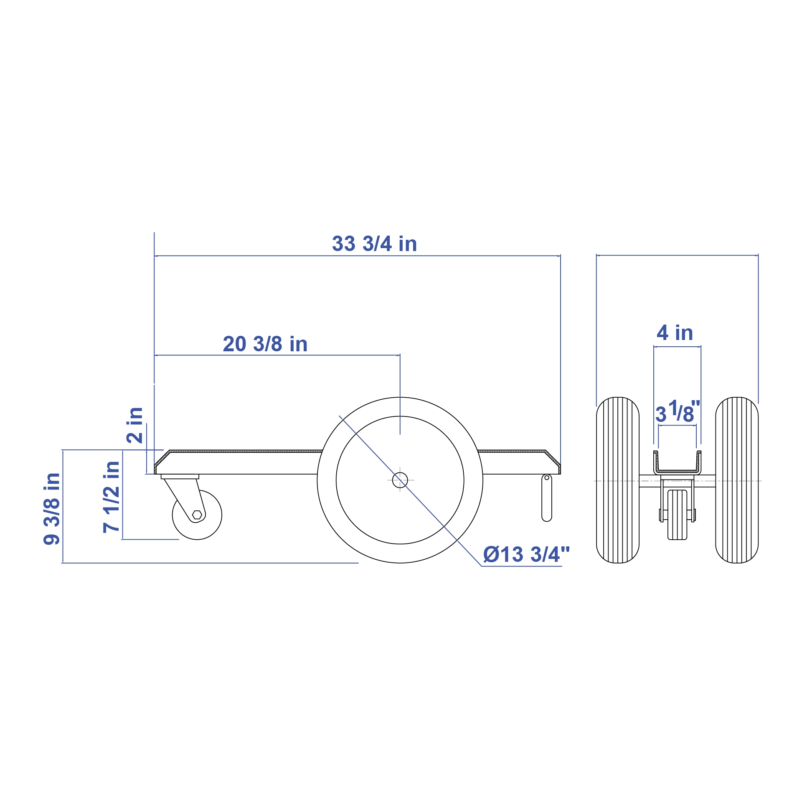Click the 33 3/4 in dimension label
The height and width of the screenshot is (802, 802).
[x=374, y=244]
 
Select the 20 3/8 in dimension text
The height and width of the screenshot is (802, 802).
[x=265, y=344]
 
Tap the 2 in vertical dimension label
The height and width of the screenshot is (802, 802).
[x=135, y=425]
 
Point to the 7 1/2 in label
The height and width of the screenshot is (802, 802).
[x=112, y=497]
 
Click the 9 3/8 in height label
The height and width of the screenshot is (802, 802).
[x=52, y=509]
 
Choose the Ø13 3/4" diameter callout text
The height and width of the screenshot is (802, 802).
[x=526, y=555]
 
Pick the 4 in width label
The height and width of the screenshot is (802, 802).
[x=675, y=333]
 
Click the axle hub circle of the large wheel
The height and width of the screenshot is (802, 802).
[x=400, y=480]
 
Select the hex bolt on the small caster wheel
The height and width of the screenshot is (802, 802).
[x=197, y=515]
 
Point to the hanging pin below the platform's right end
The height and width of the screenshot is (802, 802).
[x=546, y=501]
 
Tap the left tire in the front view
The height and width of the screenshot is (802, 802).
[x=617, y=480]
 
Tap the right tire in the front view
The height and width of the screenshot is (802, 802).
[x=736, y=480]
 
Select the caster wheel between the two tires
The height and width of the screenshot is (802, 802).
[x=677, y=515]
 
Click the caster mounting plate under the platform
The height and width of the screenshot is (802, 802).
[x=180, y=477]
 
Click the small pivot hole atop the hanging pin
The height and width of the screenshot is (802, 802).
[x=546, y=477]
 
